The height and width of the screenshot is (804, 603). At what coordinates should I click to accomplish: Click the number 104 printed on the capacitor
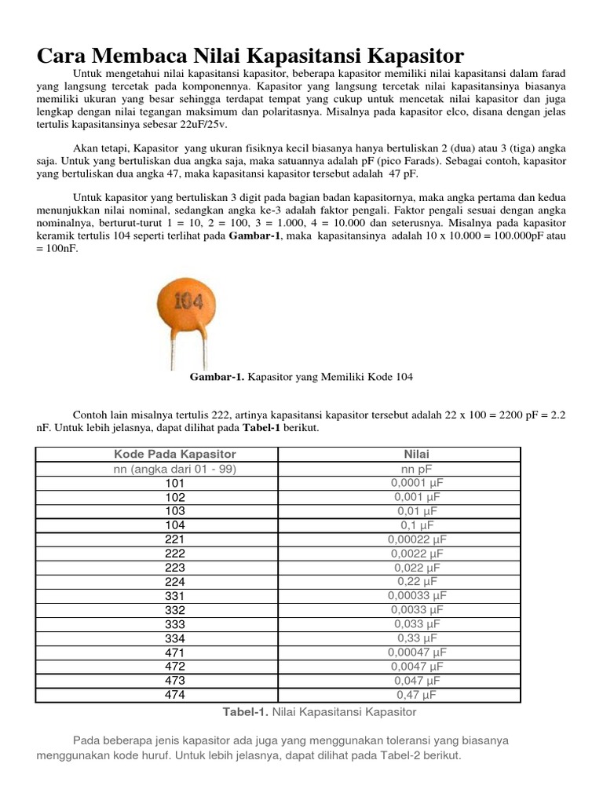click(188, 301)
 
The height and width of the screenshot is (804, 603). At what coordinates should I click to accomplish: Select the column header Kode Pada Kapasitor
click(175, 455)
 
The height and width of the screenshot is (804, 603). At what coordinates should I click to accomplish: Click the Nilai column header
click(416, 455)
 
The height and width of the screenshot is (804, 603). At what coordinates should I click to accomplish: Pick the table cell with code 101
click(175, 483)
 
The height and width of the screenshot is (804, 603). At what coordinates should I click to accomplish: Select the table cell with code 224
click(175, 582)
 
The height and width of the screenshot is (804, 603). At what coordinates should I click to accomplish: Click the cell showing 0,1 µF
click(416, 525)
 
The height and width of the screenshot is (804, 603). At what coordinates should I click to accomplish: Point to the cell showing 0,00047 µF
click(416, 652)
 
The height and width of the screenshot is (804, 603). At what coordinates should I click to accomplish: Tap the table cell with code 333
click(175, 624)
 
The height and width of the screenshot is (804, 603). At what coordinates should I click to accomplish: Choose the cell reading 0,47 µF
click(416, 695)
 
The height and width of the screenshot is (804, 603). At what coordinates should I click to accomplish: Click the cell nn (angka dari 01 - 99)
click(175, 469)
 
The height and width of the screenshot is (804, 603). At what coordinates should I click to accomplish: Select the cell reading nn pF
click(416, 469)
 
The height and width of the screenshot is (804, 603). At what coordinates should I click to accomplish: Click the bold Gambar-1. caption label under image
click(218, 377)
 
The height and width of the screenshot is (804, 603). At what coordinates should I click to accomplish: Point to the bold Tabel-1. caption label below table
click(250, 712)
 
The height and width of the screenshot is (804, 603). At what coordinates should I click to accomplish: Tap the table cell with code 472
click(175, 667)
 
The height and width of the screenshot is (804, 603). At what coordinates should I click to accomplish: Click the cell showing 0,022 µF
click(416, 568)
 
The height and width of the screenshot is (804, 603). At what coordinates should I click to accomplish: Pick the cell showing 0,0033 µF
click(416, 610)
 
